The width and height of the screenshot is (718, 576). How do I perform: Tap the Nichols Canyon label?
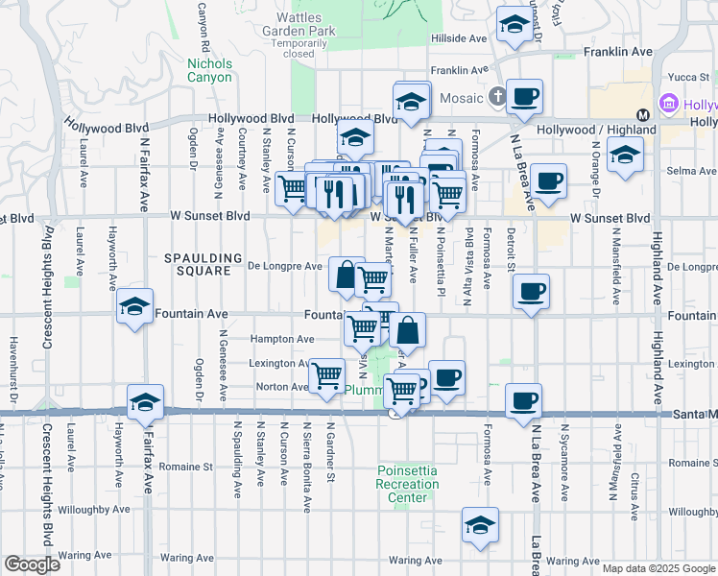point(209,70)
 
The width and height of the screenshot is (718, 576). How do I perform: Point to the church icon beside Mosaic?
point(496,96)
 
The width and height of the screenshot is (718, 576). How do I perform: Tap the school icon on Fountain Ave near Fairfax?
point(135,306)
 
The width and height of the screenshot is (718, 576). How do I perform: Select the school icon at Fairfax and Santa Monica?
point(145,402)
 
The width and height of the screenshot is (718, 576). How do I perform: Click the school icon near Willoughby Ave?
point(481,525)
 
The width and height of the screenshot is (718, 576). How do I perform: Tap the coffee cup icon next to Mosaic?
point(525,96)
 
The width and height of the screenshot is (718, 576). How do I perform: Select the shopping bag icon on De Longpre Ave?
point(345,274)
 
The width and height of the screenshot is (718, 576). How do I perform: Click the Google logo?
point(33,564)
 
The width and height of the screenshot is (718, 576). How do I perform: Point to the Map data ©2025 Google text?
point(658,568)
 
